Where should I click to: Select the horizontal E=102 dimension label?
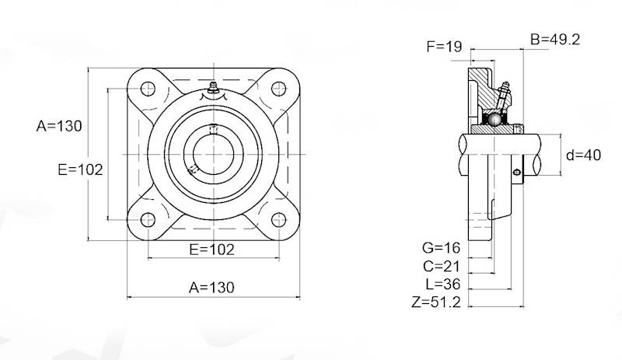212,249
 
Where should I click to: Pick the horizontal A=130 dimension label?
211,287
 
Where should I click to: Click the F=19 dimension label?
445,47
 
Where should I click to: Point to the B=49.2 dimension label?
555,39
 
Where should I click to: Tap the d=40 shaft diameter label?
583,155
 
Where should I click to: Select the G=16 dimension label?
442,248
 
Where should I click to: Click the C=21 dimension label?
442,266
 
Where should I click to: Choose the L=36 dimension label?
442,284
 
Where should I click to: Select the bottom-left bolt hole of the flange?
149,221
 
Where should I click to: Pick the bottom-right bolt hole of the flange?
278,221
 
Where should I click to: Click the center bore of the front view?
212,155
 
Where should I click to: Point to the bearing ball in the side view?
493,120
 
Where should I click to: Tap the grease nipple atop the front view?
212,89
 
